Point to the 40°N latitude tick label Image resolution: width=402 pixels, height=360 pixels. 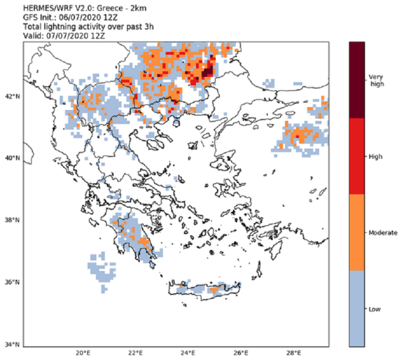coord(12,159)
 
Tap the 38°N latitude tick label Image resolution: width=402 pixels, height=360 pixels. coord(12,220)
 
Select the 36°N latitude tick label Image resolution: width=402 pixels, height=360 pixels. coord(12,283)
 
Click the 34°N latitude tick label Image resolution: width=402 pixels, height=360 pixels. coord(12,345)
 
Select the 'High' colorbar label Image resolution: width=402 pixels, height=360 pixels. coord(375,156)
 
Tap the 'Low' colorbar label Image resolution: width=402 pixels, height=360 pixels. coord(375,309)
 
